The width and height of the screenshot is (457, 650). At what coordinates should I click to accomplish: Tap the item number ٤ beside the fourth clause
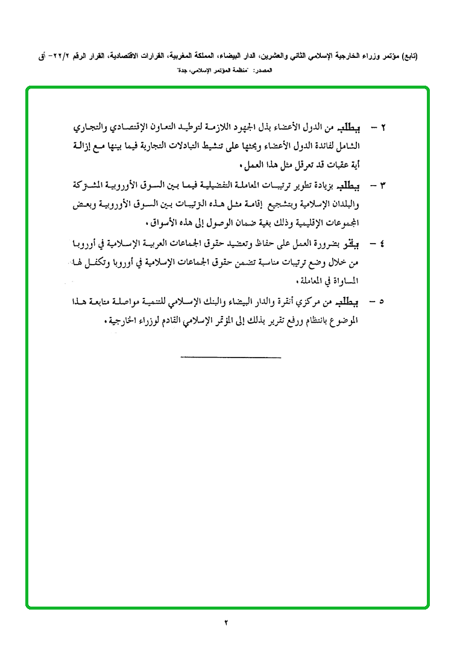[382, 244]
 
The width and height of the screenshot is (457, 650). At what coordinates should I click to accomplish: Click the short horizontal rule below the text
[230, 359]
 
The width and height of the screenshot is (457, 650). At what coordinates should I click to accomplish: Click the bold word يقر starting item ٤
[351, 243]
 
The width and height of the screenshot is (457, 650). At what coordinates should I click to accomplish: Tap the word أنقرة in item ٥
[284, 302]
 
